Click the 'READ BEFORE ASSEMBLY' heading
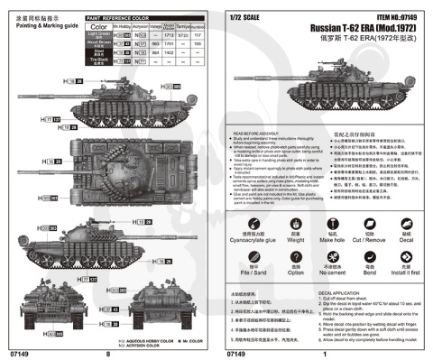[x=262, y=130]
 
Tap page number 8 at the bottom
[x=106, y=354]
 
